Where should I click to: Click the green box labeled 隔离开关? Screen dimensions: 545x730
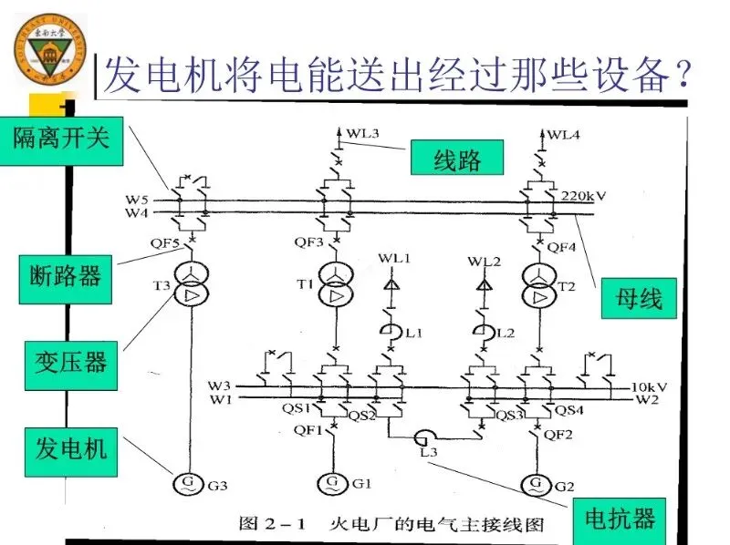61,139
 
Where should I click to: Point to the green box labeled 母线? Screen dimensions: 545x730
639,297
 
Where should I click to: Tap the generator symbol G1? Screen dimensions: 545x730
334,481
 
